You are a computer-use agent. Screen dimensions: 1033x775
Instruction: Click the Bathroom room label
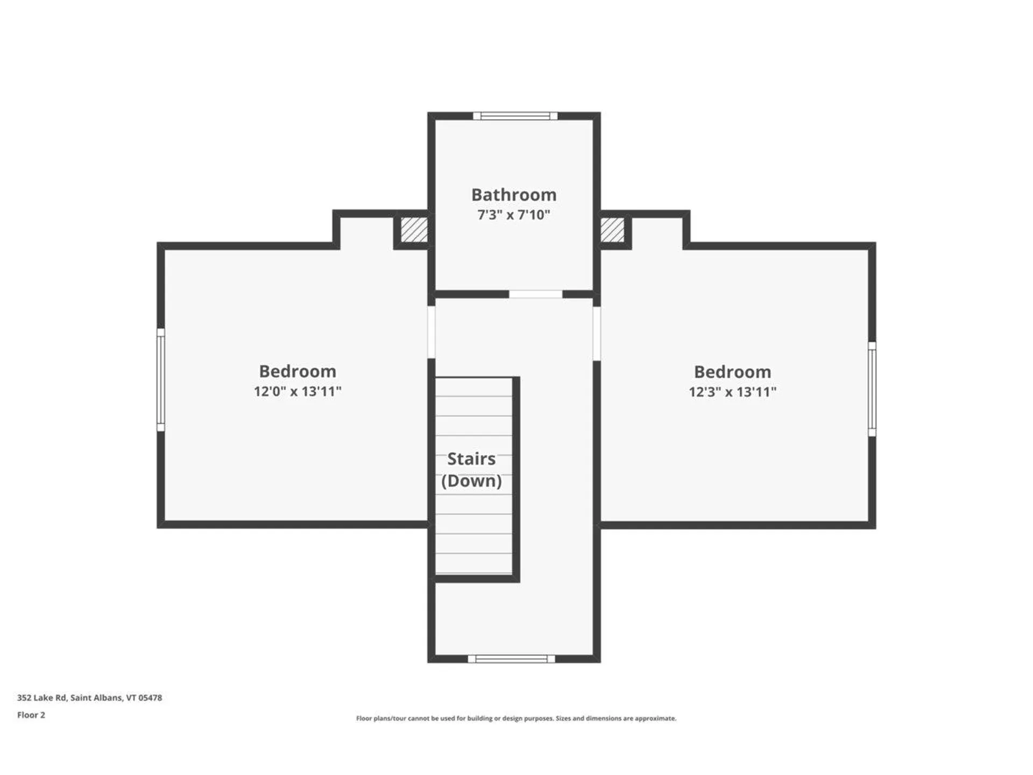pos(514,194)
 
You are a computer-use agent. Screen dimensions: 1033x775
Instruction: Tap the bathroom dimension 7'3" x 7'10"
pos(514,215)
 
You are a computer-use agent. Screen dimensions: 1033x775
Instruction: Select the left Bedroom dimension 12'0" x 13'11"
pos(298,391)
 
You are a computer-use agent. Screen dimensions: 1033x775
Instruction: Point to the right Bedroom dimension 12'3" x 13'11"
pos(732,392)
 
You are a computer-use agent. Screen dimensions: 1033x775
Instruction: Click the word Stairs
pos(471,459)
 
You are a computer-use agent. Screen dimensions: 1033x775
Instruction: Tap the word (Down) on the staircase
pos(471,481)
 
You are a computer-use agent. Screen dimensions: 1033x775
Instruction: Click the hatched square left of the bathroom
pos(414,230)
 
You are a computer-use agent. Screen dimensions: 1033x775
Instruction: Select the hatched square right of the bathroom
pos(612,230)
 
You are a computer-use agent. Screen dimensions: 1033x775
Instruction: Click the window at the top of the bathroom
pos(515,116)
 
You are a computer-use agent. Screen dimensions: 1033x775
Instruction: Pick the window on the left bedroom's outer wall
pos(161,380)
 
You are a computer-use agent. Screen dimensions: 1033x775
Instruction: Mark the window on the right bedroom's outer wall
pos(872,389)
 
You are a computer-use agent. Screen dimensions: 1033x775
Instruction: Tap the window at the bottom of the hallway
pos(511,659)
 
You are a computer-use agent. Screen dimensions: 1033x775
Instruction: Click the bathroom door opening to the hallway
pos(536,294)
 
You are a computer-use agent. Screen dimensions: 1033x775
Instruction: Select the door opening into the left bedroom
pos(431,332)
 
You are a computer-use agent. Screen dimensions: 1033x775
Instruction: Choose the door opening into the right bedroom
pos(597,334)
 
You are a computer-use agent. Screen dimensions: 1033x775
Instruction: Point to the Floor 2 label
pos(31,715)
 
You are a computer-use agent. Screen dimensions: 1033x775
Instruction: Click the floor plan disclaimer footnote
pos(516,718)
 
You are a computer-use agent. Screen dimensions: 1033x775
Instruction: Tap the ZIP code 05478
pos(150,697)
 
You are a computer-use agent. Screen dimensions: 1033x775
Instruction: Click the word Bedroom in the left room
pos(298,371)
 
